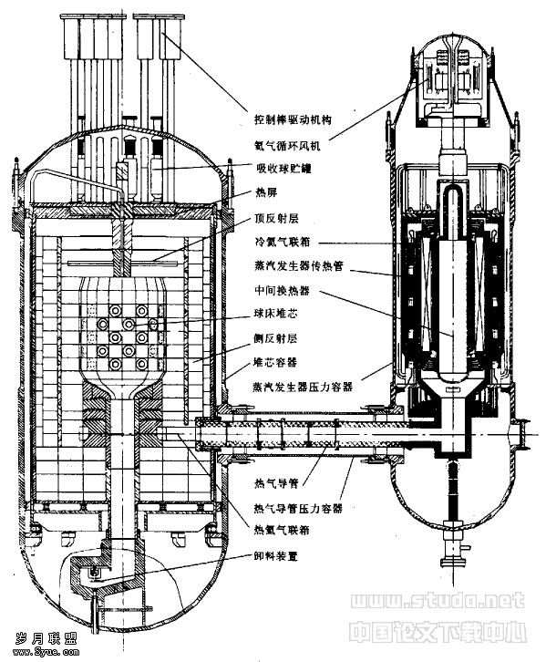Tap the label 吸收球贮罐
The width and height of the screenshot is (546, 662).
tap(284, 169)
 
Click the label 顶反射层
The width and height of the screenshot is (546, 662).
tap(277, 220)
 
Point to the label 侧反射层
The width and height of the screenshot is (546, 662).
tap(277, 337)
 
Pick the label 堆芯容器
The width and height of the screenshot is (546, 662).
tap(277, 362)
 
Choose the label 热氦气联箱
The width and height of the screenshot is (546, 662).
tap(283, 531)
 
